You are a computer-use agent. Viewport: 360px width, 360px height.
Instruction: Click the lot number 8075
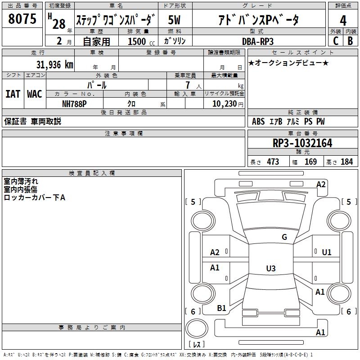22,19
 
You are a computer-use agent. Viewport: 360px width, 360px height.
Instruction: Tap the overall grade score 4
343,20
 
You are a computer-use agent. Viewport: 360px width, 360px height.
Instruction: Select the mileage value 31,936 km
54,64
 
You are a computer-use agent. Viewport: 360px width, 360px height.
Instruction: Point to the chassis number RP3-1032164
302,143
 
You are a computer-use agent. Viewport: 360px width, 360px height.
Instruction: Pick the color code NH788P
74,103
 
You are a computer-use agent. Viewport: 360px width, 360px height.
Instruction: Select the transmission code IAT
13,94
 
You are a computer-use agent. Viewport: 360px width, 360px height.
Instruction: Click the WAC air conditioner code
35,94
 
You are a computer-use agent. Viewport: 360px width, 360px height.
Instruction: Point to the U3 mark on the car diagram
270,269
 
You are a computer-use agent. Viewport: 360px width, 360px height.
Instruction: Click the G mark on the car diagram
284,237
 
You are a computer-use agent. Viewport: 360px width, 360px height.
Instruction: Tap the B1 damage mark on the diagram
221,308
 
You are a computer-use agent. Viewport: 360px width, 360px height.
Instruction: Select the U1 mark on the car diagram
327,252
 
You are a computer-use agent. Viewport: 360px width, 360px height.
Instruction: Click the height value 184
347,162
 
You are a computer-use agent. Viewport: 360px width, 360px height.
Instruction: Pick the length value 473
273,162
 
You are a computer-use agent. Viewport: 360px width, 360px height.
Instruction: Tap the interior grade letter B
350,41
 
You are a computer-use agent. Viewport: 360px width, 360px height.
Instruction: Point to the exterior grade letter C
335,41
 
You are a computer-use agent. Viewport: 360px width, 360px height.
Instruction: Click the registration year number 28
59,24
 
